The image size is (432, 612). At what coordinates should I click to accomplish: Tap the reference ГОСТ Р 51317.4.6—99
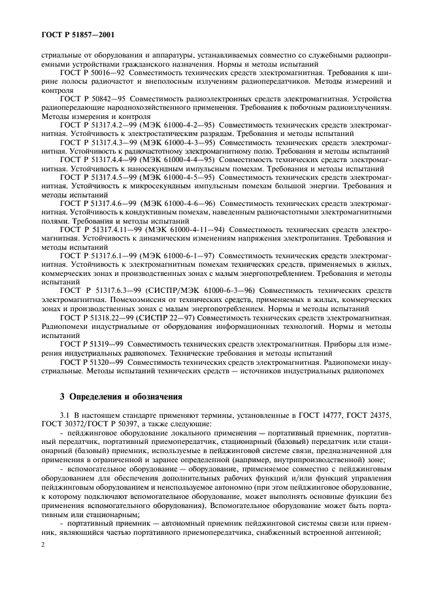(99, 204)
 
